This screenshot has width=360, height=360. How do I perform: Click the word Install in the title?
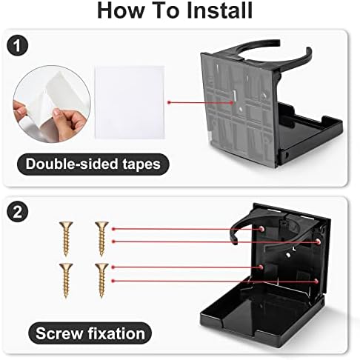219,10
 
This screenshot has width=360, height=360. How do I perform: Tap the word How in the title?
121,10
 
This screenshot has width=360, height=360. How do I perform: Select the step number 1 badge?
17,46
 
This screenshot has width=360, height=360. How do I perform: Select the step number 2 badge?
17,212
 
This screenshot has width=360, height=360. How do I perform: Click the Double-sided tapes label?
93,164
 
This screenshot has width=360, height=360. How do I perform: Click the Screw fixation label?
90,333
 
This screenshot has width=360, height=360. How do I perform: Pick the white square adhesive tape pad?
130,102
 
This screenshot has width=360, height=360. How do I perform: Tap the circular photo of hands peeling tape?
52,104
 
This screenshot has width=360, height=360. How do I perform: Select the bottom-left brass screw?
66,281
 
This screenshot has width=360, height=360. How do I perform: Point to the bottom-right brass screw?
101,281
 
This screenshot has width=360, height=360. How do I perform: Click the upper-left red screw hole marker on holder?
261,229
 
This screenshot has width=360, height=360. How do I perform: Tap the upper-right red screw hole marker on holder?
319,241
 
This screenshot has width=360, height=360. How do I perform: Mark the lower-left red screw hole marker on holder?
261,267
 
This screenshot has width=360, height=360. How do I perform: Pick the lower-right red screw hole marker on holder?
316,281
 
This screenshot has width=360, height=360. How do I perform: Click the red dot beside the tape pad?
169,102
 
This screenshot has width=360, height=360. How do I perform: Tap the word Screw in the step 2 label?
59,333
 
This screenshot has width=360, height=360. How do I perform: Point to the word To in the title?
165,10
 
